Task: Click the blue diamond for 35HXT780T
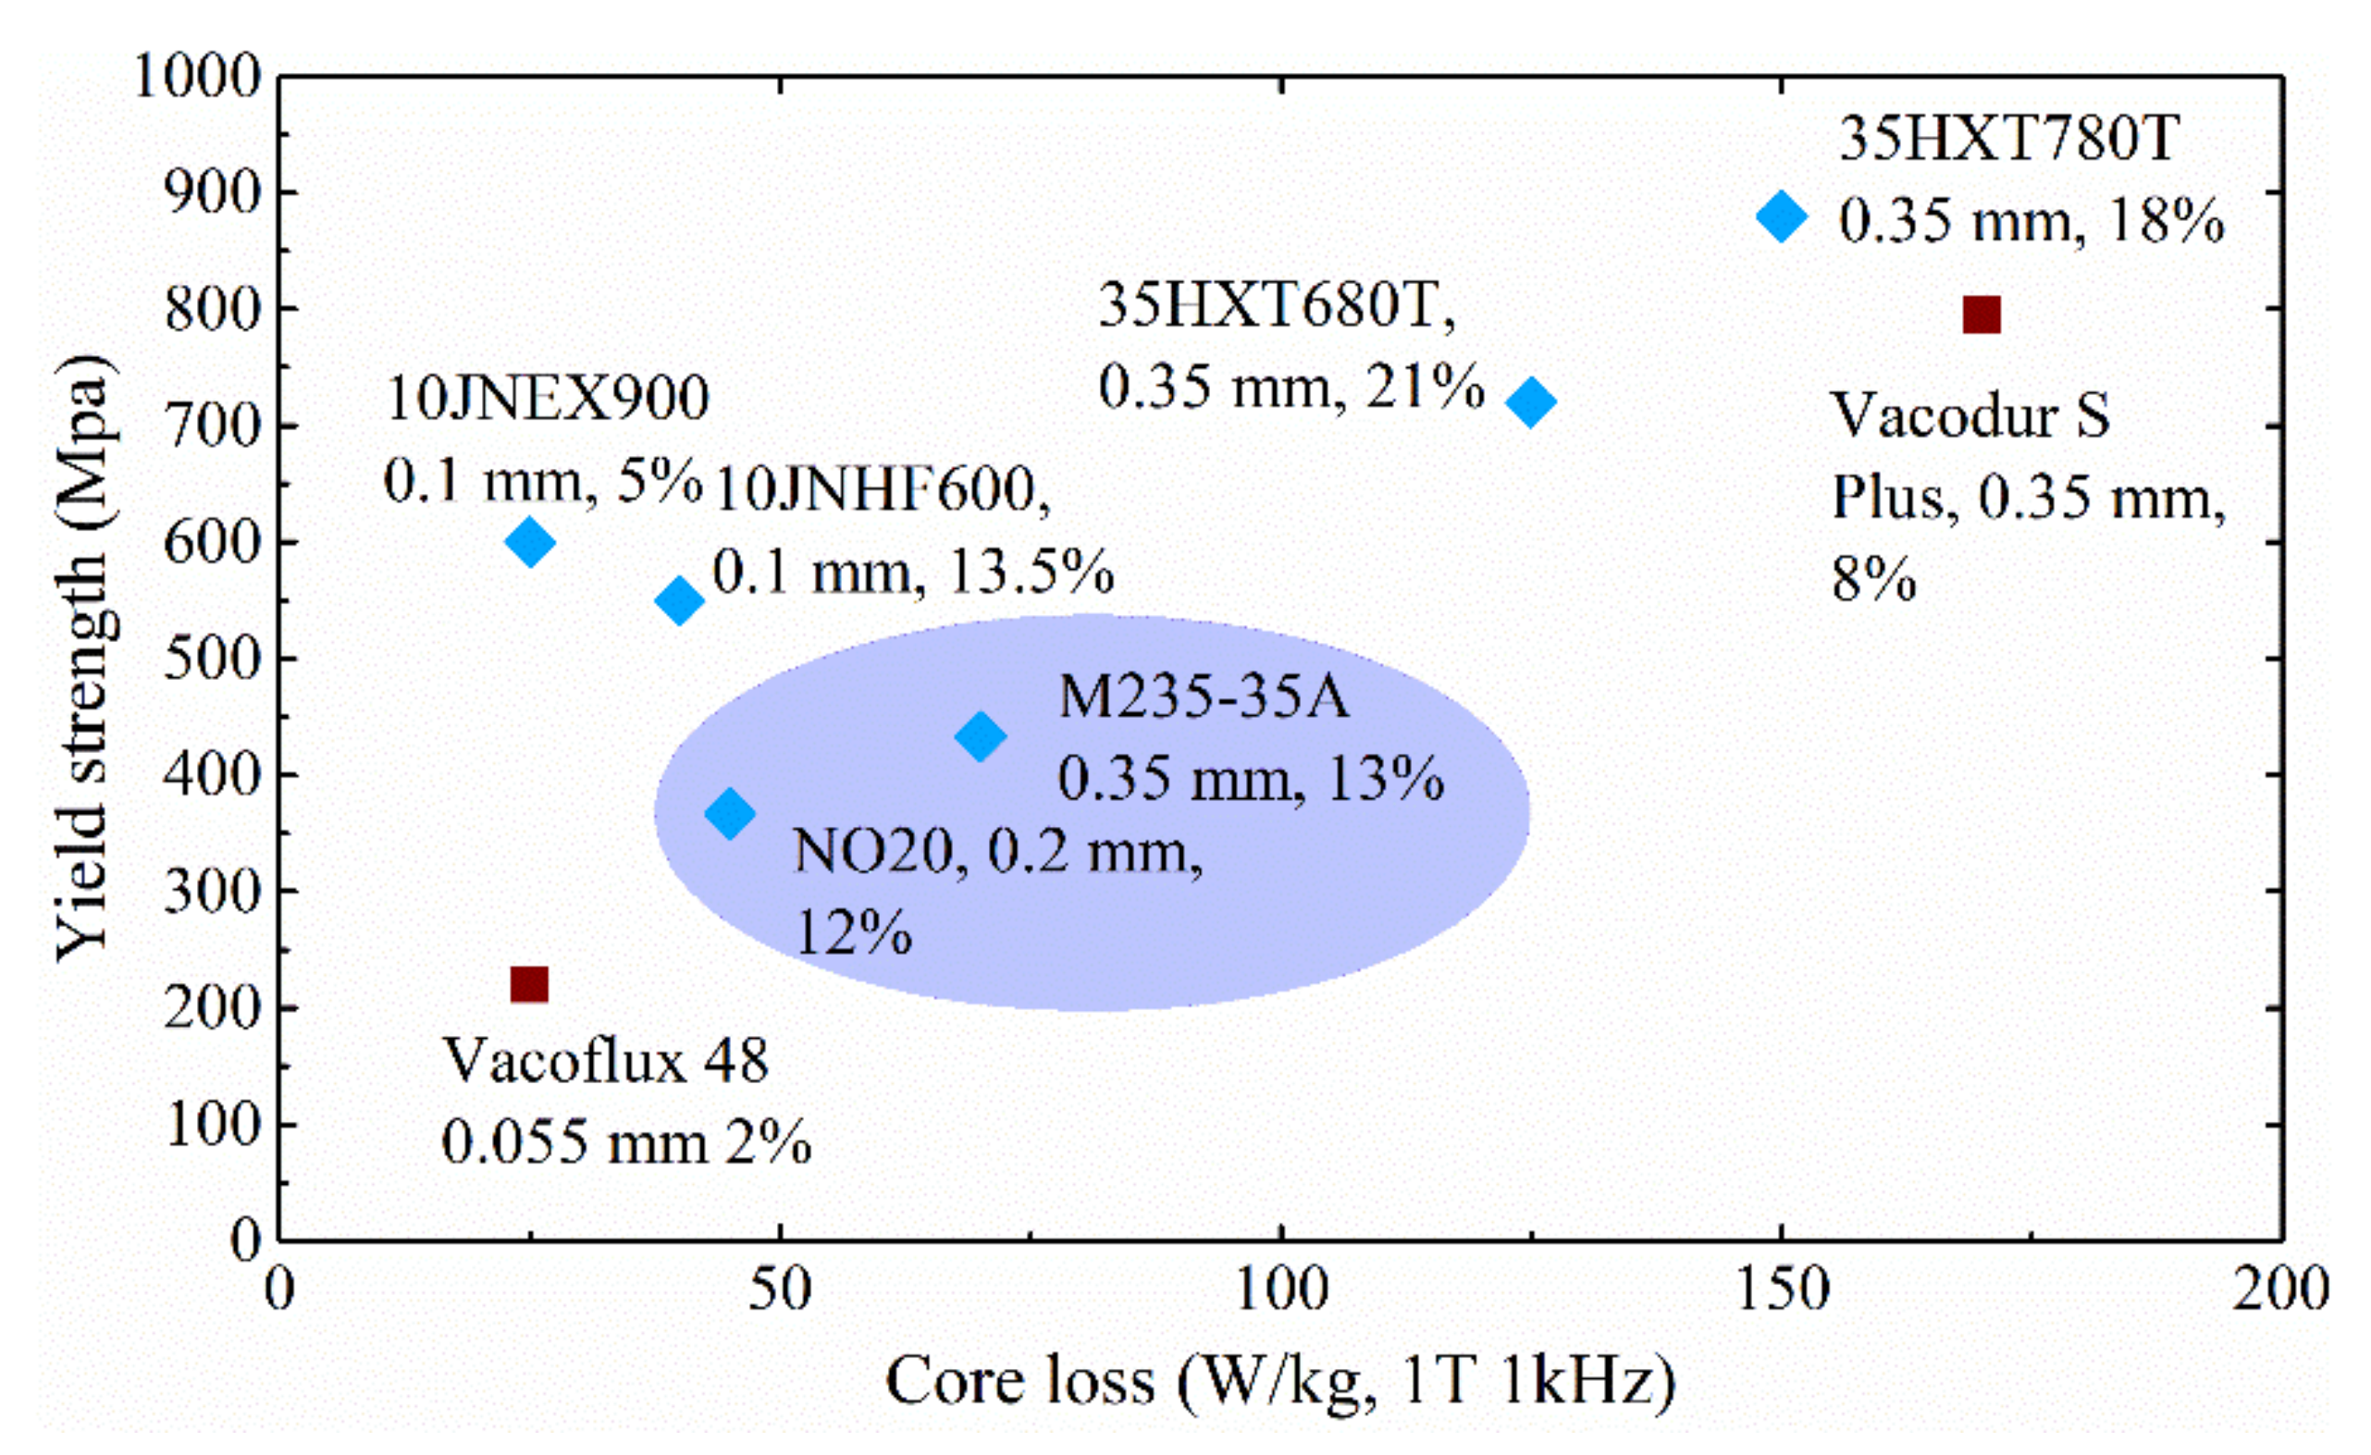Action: click(x=1781, y=216)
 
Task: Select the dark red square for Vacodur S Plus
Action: click(x=1982, y=314)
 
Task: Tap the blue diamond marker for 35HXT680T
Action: click(x=1530, y=401)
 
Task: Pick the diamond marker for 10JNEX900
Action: click(x=529, y=541)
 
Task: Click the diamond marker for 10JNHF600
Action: click(x=679, y=600)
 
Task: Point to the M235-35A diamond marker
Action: click(x=981, y=736)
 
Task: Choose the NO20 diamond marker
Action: click(x=729, y=813)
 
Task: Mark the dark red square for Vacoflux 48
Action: click(x=529, y=984)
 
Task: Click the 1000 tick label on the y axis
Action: click(x=197, y=76)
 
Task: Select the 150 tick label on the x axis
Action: click(x=1781, y=1289)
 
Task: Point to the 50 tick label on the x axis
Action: click(x=780, y=1289)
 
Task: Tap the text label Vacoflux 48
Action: click(x=605, y=1061)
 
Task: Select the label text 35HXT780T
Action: click(x=2008, y=140)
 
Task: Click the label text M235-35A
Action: click(x=1203, y=696)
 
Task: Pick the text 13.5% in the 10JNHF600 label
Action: click(x=1031, y=573)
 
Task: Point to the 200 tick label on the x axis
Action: click(x=2280, y=1289)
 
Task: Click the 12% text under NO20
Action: click(x=854, y=931)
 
